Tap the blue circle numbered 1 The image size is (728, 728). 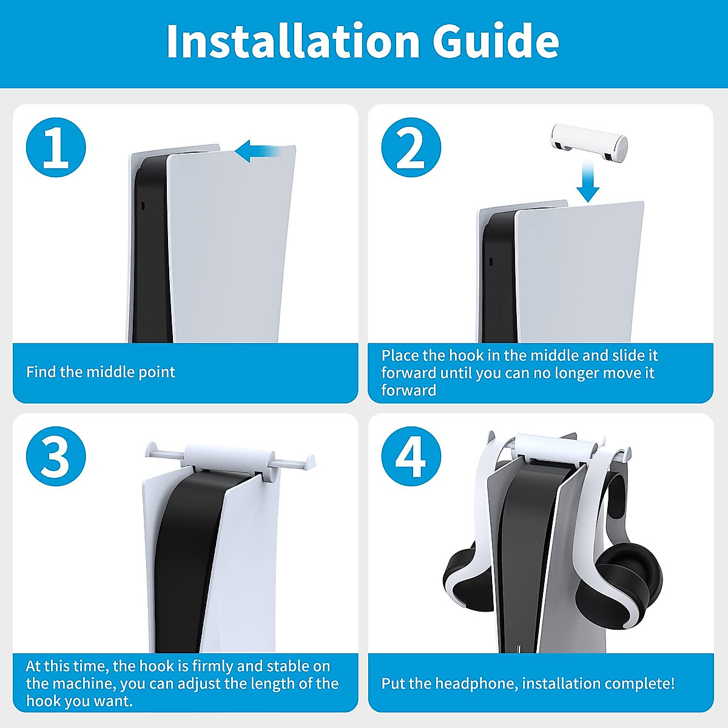[x=56, y=147]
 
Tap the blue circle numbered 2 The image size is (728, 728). [x=411, y=147]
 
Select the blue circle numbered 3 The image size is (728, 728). [x=56, y=456]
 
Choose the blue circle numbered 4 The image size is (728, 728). [x=411, y=456]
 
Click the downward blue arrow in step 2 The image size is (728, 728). [x=588, y=183]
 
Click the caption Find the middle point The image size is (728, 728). [x=100, y=372]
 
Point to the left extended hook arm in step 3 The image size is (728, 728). [x=165, y=452]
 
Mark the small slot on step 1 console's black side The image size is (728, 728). [x=143, y=206]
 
